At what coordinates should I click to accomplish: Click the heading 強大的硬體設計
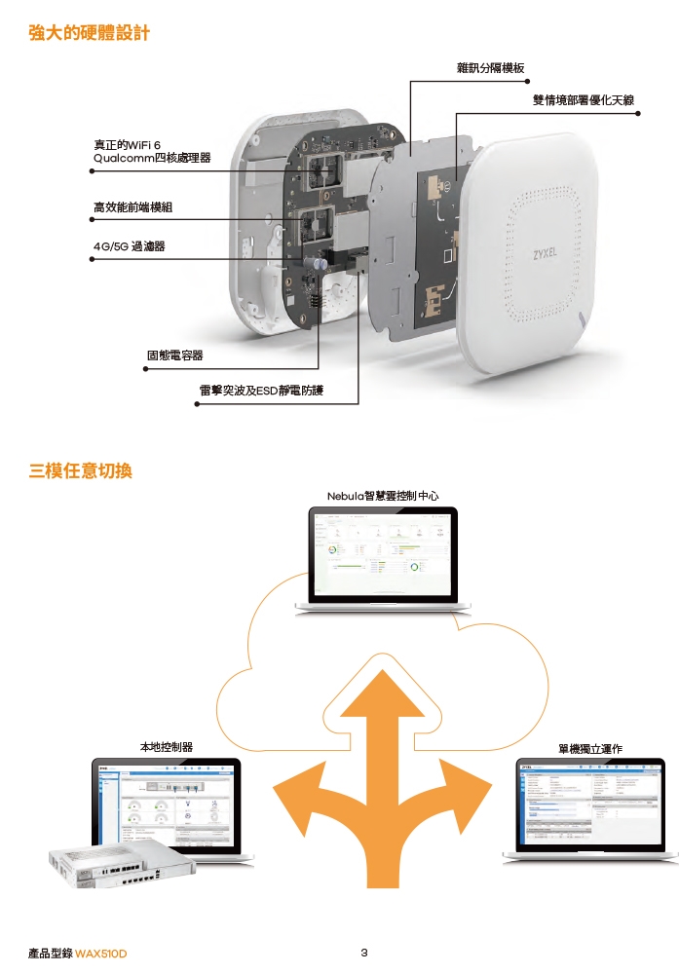[x=90, y=34]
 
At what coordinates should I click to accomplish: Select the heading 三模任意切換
[x=81, y=471]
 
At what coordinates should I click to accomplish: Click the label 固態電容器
[x=174, y=355]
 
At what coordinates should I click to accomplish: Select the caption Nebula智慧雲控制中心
[x=383, y=496]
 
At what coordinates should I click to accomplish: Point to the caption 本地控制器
[x=166, y=747]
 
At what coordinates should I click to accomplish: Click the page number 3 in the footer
[x=363, y=952]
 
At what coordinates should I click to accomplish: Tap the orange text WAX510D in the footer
[x=101, y=953]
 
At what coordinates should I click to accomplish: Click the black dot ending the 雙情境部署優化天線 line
[x=638, y=113]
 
